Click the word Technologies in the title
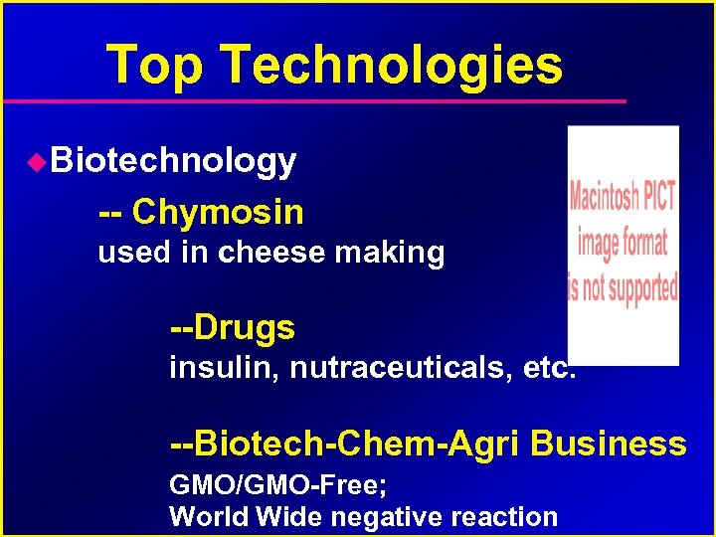click(x=392, y=66)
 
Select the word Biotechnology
click(x=173, y=161)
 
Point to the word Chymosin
click(x=218, y=212)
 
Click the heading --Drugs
click(x=233, y=326)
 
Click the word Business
click(x=608, y=443)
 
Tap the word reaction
click(x=504, y=517)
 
